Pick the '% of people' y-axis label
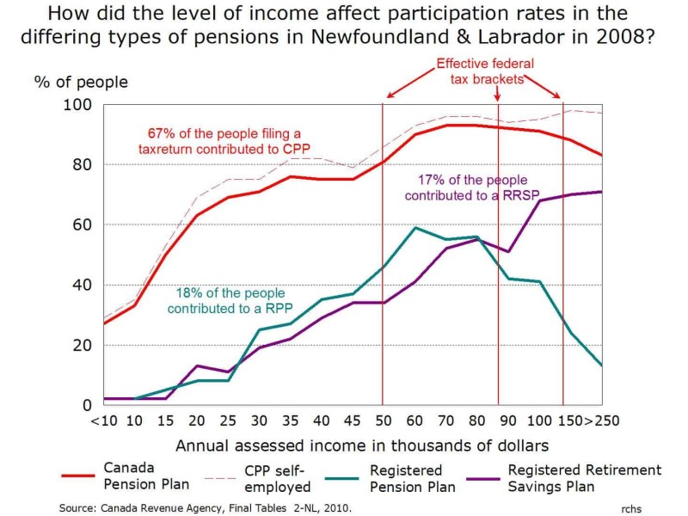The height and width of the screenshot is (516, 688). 81,83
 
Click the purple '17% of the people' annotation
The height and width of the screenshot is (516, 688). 471,187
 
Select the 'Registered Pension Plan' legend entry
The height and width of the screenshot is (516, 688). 406,477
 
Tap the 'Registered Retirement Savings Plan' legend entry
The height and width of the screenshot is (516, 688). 585,476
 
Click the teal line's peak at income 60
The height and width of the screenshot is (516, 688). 416,228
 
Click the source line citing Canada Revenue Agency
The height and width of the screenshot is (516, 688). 206,508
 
